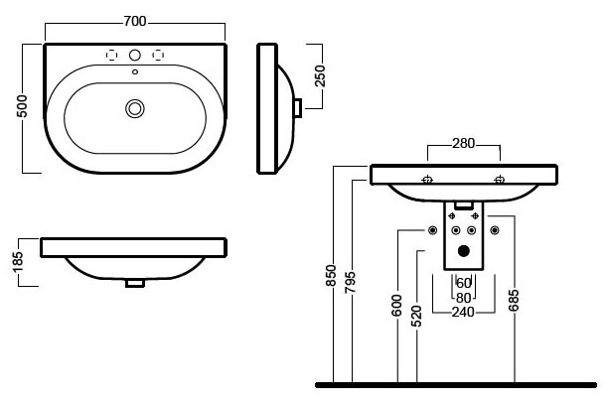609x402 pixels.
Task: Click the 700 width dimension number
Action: point(135,19)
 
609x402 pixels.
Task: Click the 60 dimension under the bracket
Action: point(463,283)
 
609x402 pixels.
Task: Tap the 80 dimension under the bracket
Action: point(463,297)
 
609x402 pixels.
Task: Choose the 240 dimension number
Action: point(463,312)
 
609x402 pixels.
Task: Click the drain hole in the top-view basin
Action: point(134,107)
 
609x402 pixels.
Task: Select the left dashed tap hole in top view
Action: point(113,55)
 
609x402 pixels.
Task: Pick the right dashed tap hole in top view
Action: point(156,55)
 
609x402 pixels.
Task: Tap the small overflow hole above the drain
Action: point(134,71)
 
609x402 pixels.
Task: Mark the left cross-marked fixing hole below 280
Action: point(427,181)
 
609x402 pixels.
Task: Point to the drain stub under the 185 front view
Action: point(134,283)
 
